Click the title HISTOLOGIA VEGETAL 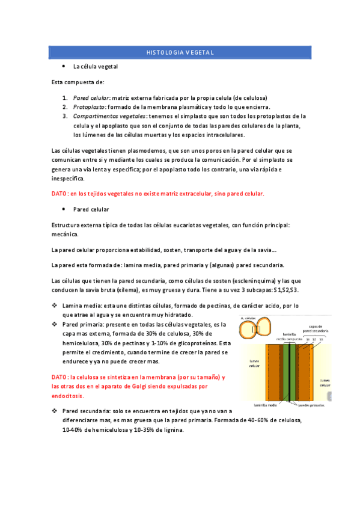point(180,52)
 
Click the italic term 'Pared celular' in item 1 point(91,97)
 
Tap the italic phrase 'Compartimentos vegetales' point(109,115)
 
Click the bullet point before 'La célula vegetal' point(64,66)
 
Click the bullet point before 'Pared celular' point(64,209)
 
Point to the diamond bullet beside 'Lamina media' point(55,306)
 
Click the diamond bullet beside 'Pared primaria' point(55,324)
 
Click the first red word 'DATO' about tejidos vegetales point(59,194)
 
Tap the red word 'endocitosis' point(68,396)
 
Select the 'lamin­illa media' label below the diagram point(265,405)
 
